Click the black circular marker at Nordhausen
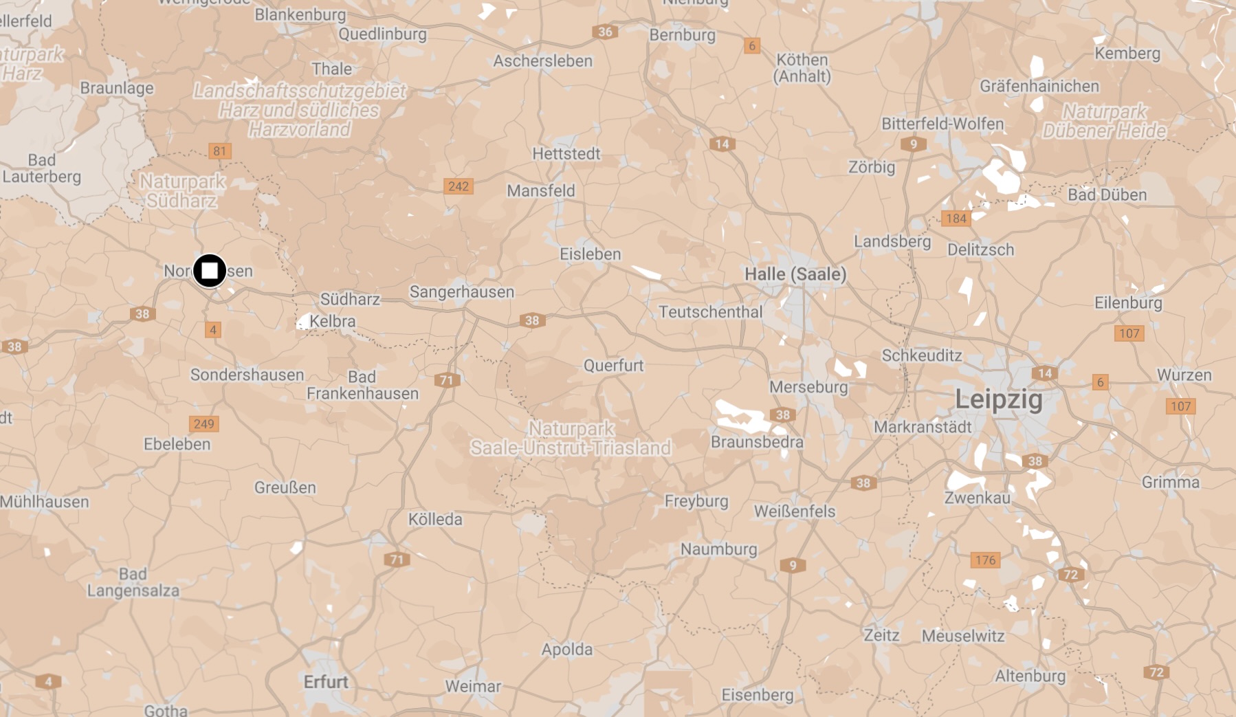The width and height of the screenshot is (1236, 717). coord(210,271)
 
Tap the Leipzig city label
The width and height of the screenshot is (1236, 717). coord(998,399)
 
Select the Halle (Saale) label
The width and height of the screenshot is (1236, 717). coord(795,274)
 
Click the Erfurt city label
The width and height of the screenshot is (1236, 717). coord(326,682)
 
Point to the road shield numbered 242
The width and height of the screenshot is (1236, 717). coord(458,186)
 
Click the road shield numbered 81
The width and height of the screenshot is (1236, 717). coord(219,151)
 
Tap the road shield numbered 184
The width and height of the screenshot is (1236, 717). coord(956,219)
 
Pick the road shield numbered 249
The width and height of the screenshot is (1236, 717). coord(203,423)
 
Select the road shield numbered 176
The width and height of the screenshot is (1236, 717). coord(985,560)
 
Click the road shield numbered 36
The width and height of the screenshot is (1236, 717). coord(604,32)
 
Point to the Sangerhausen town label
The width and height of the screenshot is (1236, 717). coord(461,292)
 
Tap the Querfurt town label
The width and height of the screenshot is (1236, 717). coord(613,366)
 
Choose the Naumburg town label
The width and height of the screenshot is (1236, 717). coord(718,549)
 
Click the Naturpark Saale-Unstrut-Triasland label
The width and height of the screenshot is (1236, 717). coord(571,439)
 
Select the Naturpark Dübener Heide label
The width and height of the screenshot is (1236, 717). coord(1104,121)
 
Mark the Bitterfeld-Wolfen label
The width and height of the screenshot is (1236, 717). coord(942,124)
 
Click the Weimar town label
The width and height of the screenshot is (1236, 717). coord(473,686)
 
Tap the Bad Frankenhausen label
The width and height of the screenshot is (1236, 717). coord(362,385)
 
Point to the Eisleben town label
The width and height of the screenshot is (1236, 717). coord(590,254)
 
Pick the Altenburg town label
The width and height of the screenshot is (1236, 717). coord(1030,676)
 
